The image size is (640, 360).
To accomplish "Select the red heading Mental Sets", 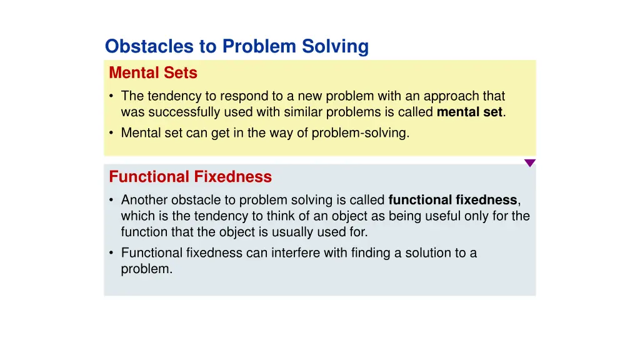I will pos(153,73).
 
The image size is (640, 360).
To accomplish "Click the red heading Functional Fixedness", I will pos(190,177).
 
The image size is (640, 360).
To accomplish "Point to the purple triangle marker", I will pos(529,163).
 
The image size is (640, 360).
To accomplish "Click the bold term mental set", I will pos(469,112).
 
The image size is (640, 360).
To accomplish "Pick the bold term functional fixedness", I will pos(452,200).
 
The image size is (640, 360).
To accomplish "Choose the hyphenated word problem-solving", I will pos(361,132).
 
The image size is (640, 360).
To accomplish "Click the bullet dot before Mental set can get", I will pos(111,132).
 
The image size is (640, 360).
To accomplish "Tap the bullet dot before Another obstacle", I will pos(111,200).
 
